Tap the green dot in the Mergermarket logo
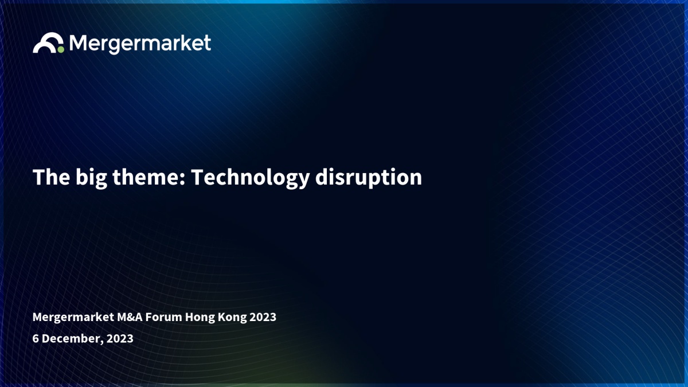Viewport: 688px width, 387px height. pyautogui.click(x=61, y=49)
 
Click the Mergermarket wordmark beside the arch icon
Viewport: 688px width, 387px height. pyautogui.click(x=140, y=44)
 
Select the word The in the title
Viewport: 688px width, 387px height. pyautogui.click(x=51, y=177)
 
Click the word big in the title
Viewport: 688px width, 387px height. pyautogui.click(x=91, y=178)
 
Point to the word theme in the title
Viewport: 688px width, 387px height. pyautogui.click(x=147, y=177)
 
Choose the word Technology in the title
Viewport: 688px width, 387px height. pyautogui.click(x=251, y=178)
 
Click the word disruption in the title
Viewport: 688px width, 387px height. pyautogui.click(x=369, y=178)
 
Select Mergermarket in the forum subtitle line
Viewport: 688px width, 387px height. pyautogui.click(x=73, y=317)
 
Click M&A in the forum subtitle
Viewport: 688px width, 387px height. pyautogui.click(x=130, y=317)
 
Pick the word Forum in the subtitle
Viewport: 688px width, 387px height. pyautogui.click(x=164, y=317)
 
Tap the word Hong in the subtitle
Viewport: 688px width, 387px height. pyautogui.click(x=200, y=318)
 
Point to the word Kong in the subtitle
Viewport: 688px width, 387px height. pyautogui.click(x=232, y=318)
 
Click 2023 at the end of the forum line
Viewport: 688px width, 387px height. pyautogui.click(x=263, y=317)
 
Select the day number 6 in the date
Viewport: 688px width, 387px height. pyautogui.click(x=36, y=338)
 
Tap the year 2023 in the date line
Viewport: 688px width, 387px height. pyautogui.click(x=120, y=338)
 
